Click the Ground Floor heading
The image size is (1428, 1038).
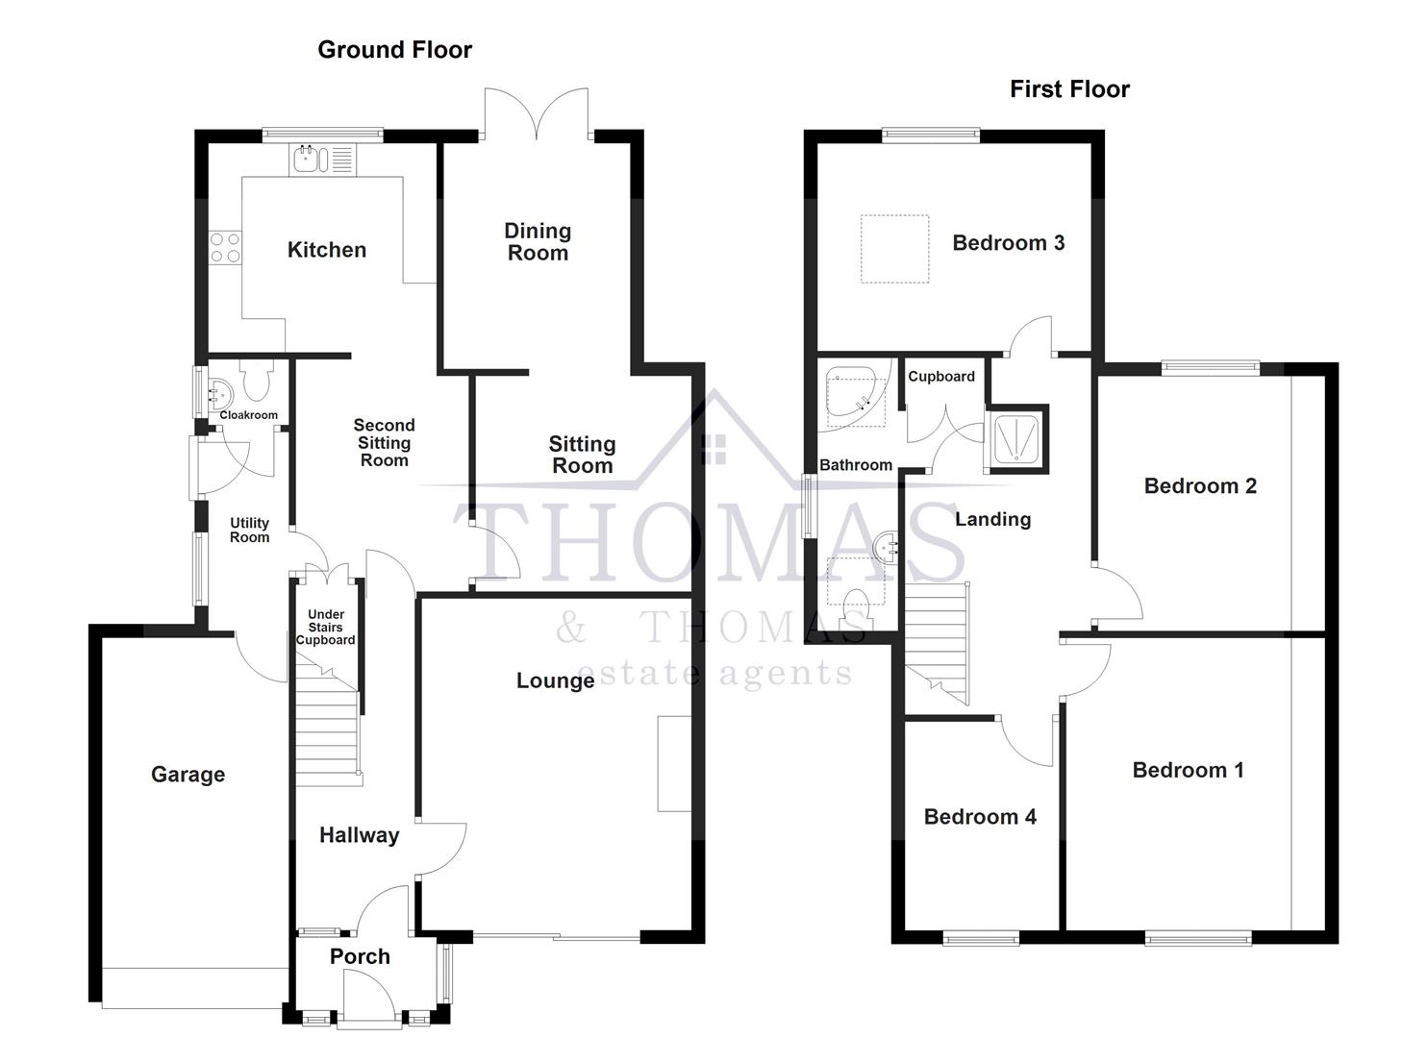click(x=394, y=50)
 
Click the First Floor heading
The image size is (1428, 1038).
click(x=1069, y=89)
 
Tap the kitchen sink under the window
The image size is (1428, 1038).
click(x=321, y=160)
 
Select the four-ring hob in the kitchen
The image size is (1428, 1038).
click(x=226, y=247)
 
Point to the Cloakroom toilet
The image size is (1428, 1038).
click(x=257, y=383)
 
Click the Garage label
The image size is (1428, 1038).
click(x=188, y=775)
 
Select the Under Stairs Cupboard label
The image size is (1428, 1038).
click(x=326, y=628)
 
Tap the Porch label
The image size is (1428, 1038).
click(x=360, y=956)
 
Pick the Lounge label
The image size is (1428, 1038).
click(x=555, y=680)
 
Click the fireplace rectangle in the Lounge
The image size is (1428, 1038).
click(x=673, y=764)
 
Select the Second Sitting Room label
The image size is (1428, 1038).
click(x=384, y=442)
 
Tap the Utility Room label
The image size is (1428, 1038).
click(x=249, y=531)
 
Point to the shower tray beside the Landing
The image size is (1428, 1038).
click(x=1015, y=440)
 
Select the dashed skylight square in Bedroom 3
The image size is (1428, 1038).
click(x=894, y=249)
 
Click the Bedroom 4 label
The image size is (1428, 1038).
click(x=980, y=817)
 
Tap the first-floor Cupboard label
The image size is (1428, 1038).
click(x=941, y=377)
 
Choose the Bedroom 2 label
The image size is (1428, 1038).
click(x=1200, y=486)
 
